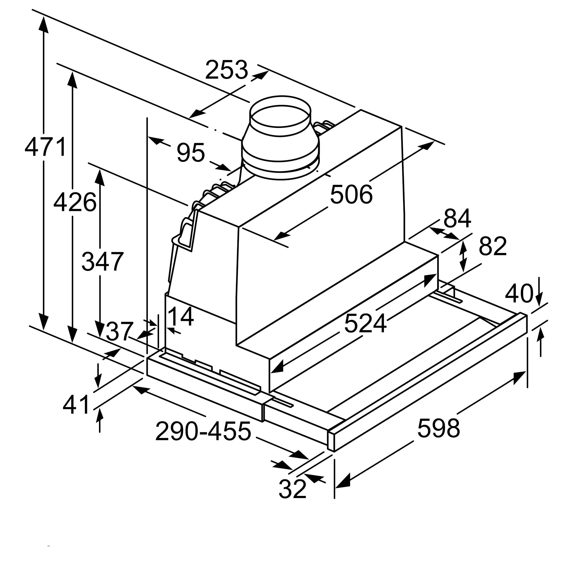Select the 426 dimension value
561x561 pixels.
click(75, 202)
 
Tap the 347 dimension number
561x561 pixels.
click(102, 262)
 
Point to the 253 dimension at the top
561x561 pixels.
click(226, 70)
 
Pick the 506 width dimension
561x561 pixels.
click(351, 194)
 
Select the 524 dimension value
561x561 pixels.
click(365, 323)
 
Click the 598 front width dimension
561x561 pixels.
click(438, 428)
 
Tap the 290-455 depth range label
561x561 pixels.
click(203, 431)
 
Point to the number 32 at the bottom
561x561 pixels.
click(292, 489)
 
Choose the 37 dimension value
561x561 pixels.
click(119, 332)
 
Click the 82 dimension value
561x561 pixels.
click(493, 246)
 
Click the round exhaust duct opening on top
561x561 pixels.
click(280, 116)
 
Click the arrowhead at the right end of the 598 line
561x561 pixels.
click(519, 378)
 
